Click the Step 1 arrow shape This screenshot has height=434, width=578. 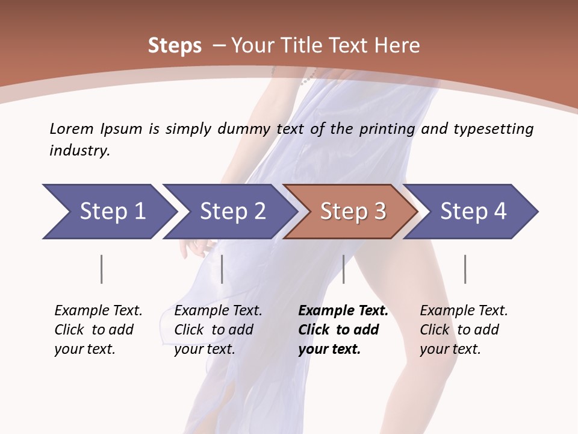[x=108, y=212]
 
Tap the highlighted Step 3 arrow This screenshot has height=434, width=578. [x=352, y=212]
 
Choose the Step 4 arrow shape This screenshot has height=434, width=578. [x=473, y=212]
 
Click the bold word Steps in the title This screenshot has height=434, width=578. [x=175, y=46]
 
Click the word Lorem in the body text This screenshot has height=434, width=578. [x=71, y=129]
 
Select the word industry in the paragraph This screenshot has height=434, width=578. [x=79, y=151]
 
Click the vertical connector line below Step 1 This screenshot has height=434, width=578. [x=102, y=269]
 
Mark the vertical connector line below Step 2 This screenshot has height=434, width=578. [x=222, y=269]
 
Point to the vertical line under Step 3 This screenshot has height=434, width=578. [x=343, y=269]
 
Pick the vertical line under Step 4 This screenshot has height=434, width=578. [x=465, y=269]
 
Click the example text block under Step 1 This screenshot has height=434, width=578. [x=98, y=330]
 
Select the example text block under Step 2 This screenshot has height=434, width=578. [x=217, y=330]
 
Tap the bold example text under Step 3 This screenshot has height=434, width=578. [x=343, y=330]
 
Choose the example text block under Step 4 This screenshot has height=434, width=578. [x=463, y=330]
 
